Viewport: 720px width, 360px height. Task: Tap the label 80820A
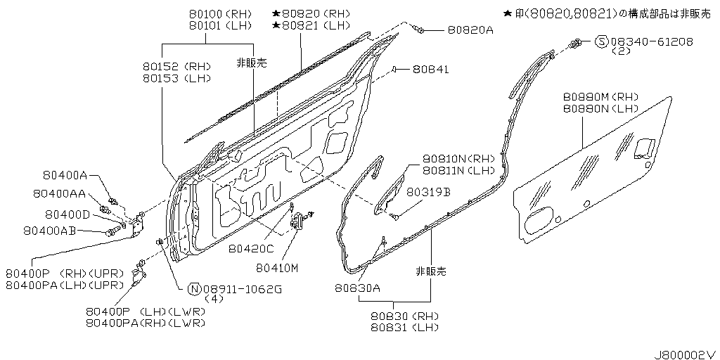coord(470,30)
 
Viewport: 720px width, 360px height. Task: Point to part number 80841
coord(431,69)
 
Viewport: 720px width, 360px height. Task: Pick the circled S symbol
coord(602,41)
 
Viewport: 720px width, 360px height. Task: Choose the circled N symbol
coord(194,289)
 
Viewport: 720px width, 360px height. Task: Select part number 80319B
coord(428,191)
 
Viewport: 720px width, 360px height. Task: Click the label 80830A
coord(357,288)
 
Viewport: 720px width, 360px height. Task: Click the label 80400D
coord(67,214)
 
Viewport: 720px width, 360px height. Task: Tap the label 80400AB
coord(49,230)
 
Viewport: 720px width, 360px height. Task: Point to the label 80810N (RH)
coord(459,159)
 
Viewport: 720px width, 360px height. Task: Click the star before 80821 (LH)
coord(276,25)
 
